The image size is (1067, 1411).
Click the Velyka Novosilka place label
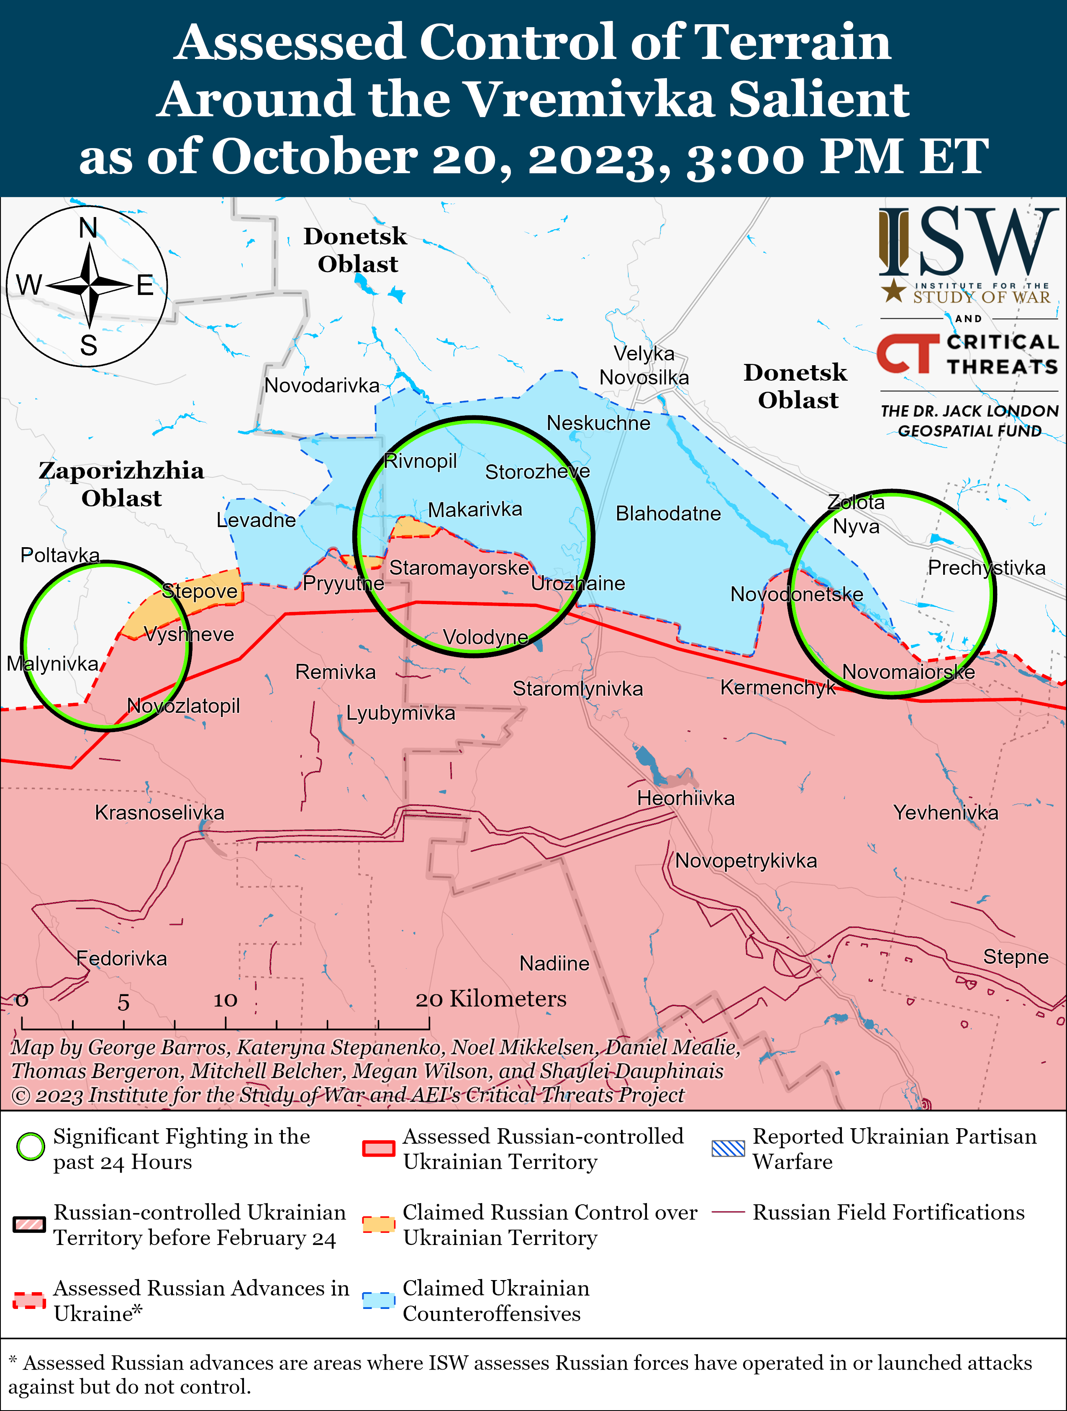[x=644, y=366]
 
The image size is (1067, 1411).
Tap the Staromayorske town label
[x=459, y=568]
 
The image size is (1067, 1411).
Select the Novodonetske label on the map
[x=796, y=594]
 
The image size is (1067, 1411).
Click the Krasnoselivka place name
[x=159, y=813]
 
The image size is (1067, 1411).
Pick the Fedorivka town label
[x=121, y=958]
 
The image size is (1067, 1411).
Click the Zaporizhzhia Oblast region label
[x=121, y=484]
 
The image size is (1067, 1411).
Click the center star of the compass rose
[x=90, y=285]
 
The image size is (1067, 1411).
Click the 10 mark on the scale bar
[x=225, y=1000]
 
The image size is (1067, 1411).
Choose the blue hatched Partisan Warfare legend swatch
[x=728, y=1148]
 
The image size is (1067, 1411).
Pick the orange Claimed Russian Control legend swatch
[x=378, y=1224]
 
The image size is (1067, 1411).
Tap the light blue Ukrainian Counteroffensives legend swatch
[x=378, y=1300]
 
